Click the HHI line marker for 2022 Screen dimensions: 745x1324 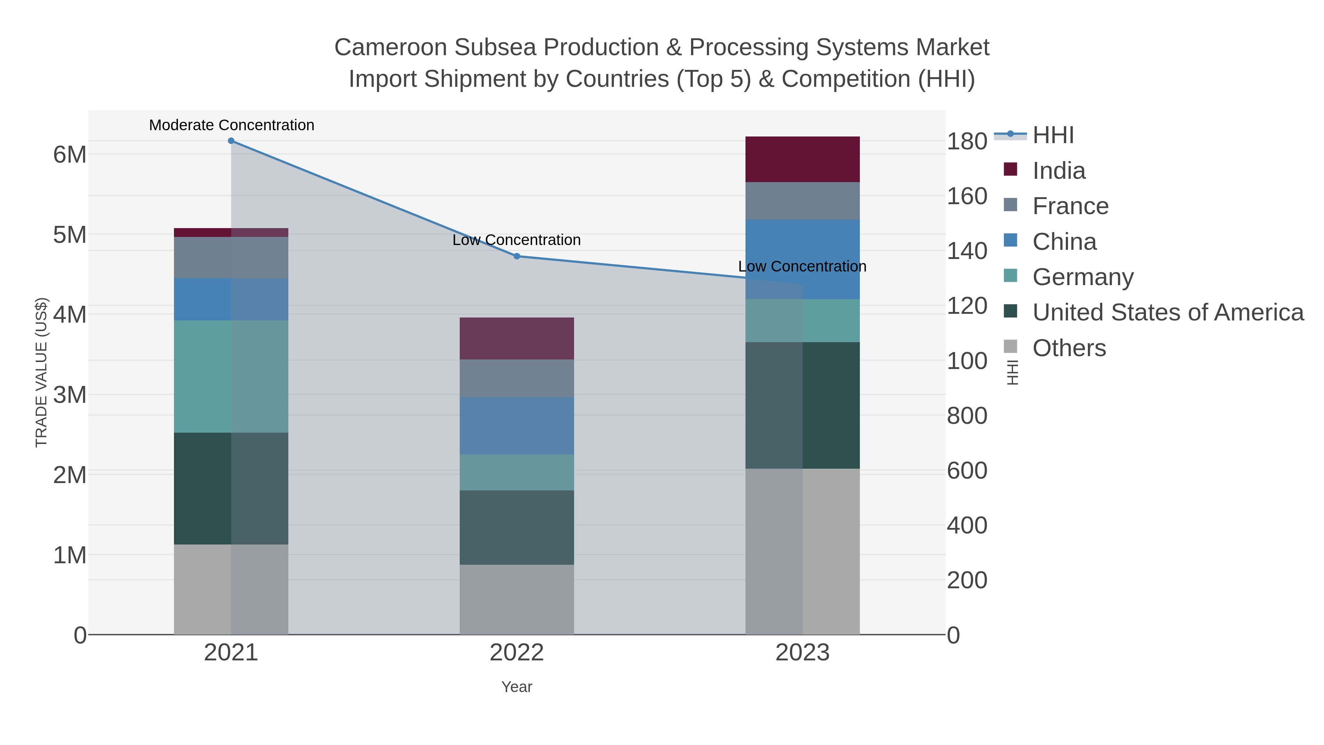point(517,256)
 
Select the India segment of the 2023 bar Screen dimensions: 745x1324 point(802,159)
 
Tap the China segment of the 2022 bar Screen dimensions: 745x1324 point(517,426)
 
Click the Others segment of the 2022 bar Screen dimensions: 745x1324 point(517,600)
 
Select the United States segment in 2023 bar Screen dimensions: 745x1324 point(802,405)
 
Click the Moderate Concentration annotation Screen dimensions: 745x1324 point(231,125)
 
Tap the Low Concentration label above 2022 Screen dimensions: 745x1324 point(517,240)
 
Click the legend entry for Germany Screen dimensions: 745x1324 point(1082,277)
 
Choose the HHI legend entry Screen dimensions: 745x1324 point(1053,135)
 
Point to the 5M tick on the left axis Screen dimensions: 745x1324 point(70,235)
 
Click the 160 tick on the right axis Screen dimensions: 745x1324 point(967,196)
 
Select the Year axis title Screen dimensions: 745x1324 point(517,687)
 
